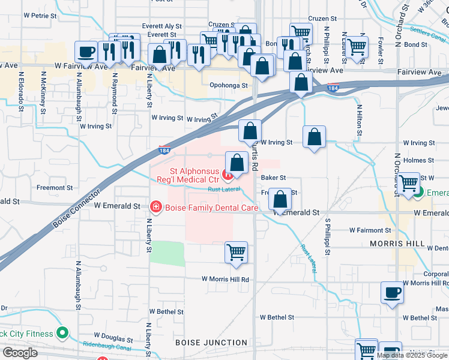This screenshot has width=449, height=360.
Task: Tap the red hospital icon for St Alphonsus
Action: pyautogui.click(x=228, y=175)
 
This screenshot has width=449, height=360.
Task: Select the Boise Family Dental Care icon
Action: pyautogui.click(x=155, y=207)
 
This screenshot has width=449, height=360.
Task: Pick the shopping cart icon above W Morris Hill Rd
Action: pyautogui.click(x=236, y=251)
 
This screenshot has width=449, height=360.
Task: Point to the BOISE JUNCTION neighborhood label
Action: pyautogui.click(x=211, y=343)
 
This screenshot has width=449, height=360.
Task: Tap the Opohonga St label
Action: pyautogui.click(x=229, y=86)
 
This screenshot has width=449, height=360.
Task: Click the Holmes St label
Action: pyautogui.click(x=419, y=160)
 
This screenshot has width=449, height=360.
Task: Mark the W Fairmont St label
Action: pyautogui.click(x=366, y=230)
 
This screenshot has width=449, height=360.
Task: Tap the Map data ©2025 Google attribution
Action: pyautogui.click(x=412, y=355)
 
